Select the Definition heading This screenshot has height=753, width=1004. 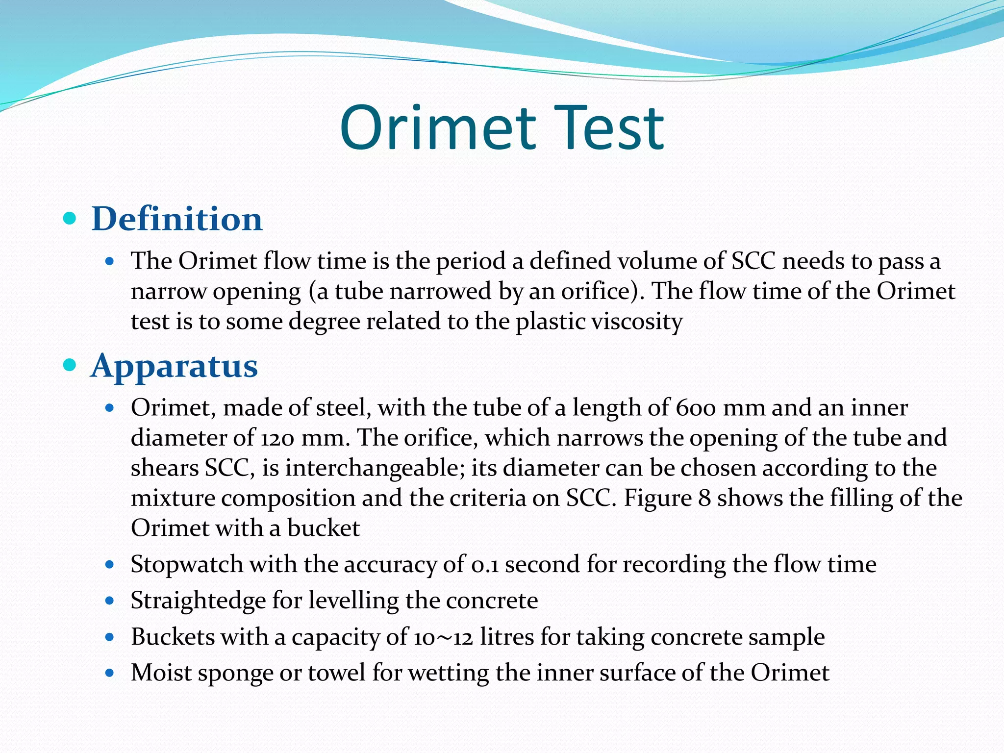177,219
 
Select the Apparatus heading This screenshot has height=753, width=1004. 174,366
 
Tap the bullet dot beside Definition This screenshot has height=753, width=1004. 70,218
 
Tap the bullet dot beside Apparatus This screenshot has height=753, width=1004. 70,365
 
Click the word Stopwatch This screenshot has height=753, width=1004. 187,565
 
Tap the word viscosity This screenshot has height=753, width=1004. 637,322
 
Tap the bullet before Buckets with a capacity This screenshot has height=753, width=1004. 110,637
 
